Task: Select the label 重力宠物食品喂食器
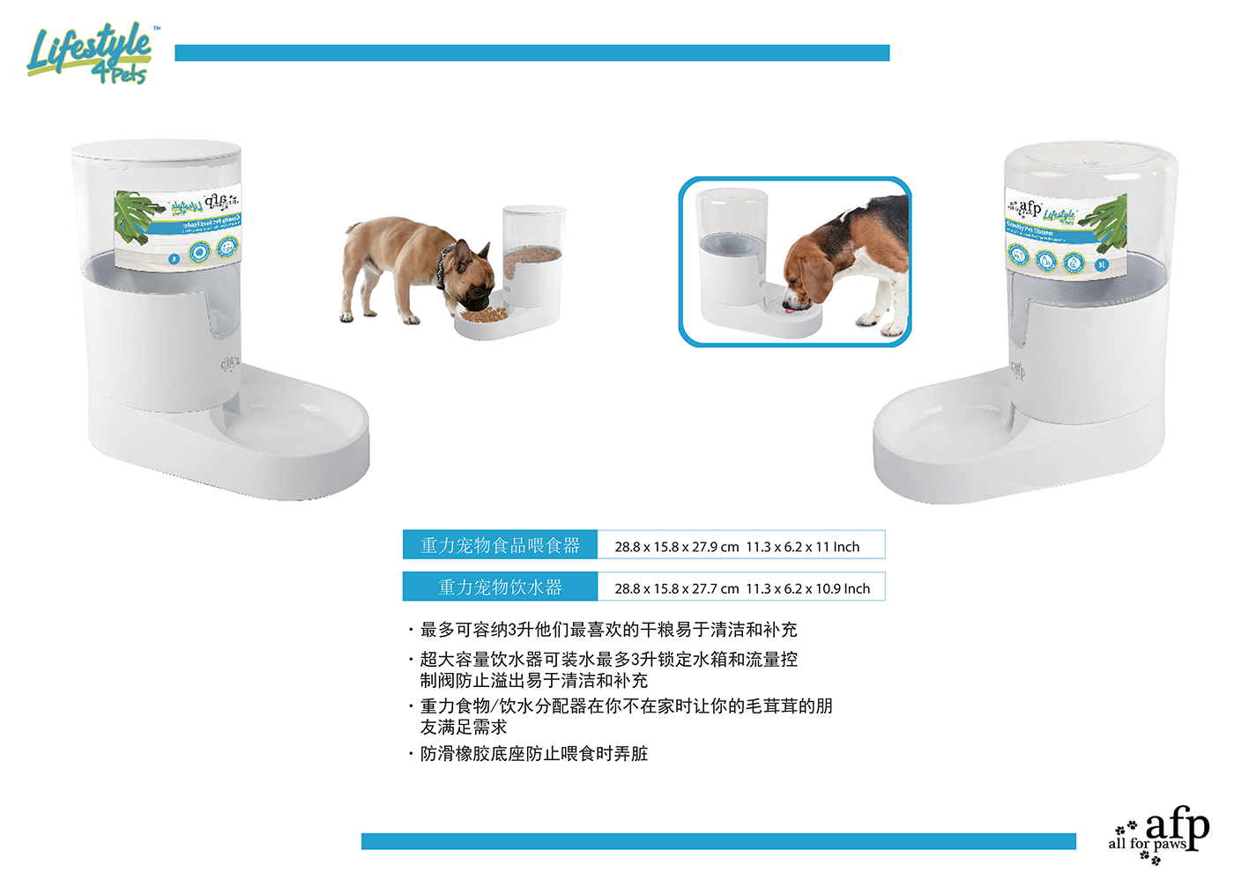click(x=500, y=545)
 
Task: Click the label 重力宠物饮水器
click(x=500, y=587)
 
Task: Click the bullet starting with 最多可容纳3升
click(x=608, y=630)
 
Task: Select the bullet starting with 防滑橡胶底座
click(x=533, y=754)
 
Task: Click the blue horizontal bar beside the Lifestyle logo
click(x=532, y=53)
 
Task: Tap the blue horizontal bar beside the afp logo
click(x=717, y=841)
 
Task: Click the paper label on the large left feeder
click(x=176, y=226)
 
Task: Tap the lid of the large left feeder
click(x=156, y=151)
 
